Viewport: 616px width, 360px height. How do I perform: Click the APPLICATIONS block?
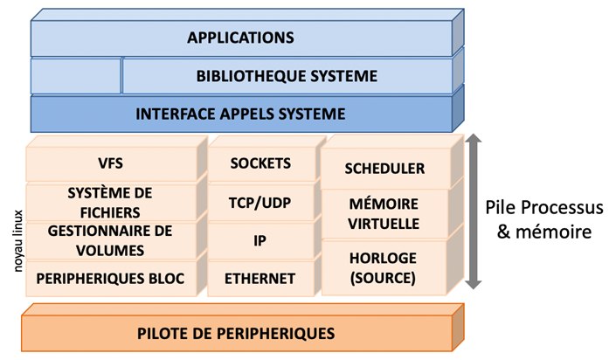(x=240, y=38)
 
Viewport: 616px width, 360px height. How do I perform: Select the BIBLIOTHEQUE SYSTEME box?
(x=287, y=76)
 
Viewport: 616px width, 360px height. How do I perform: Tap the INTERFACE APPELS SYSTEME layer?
(x=240, y=114)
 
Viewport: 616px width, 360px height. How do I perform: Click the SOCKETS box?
(x=260, y=163)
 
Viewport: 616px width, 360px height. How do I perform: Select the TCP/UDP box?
(x=260, y=202)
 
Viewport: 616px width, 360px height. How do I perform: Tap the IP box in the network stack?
(x=260, y=240)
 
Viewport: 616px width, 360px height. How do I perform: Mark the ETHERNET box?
(x=260, y=279)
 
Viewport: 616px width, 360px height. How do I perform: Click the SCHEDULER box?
(x=384, y=168)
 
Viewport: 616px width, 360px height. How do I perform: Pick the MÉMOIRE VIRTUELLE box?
(x=384, y=215)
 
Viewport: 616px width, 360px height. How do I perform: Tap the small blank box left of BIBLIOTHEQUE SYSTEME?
(x=75, y=76)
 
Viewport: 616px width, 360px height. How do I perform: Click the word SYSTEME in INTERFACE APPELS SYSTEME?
(x=310, y=114)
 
